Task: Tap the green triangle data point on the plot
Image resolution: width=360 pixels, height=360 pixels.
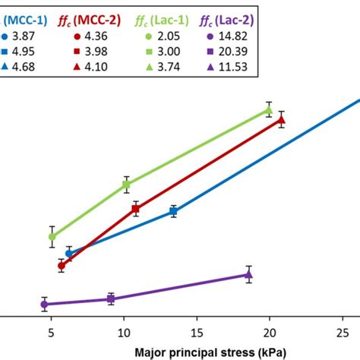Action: [268, 110]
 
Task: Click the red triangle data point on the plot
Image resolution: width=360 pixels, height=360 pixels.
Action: [281, 119]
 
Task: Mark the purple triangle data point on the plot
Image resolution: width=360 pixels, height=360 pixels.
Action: [248, 275]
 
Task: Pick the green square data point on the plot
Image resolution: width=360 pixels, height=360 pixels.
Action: [126, 185]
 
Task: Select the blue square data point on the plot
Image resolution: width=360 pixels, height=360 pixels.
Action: [173, 212]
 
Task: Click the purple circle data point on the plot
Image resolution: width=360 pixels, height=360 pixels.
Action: [44, 304]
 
